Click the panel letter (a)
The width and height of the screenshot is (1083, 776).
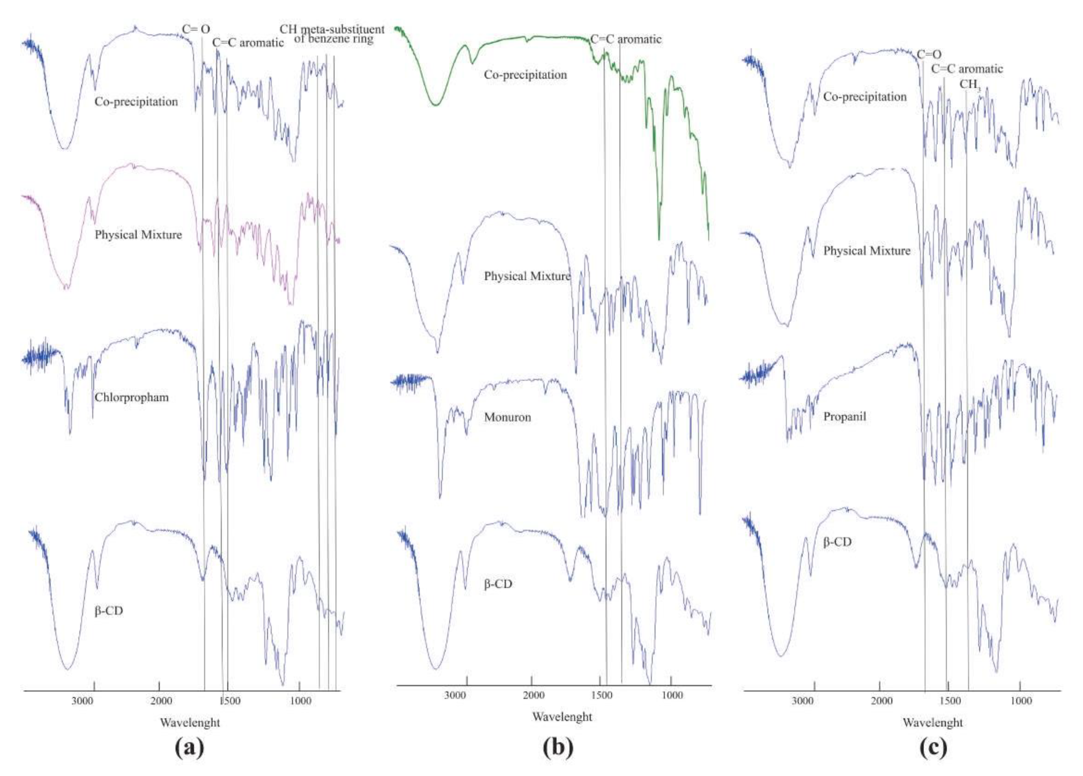[190, 747]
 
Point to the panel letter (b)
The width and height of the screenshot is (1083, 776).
[558, 747]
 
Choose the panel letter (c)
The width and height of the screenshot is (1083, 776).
[933, 747]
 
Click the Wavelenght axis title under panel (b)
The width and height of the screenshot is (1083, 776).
[562, 717]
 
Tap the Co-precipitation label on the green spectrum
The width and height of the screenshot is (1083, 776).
[525, 75]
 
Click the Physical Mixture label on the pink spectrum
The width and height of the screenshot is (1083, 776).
[138, 235]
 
